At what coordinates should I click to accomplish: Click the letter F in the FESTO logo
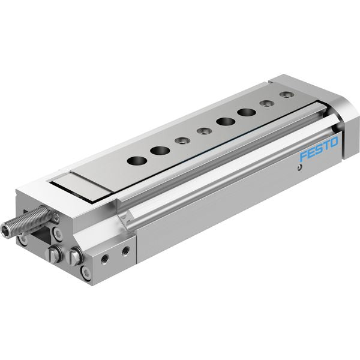click(x=304, y=156)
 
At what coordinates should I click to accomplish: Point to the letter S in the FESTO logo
click(x=319, y=149)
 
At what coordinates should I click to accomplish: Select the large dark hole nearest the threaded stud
click(x=137, y=161)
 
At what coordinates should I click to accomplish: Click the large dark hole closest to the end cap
click(x=247, y=113)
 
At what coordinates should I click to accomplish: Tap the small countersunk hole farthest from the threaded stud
click(x=287, y=94)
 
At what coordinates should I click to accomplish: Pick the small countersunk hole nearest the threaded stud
click(x=182, y=140)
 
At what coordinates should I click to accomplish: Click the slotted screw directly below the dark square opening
click(x=54, y=254)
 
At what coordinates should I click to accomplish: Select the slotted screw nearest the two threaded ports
click(x=74, y=256)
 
